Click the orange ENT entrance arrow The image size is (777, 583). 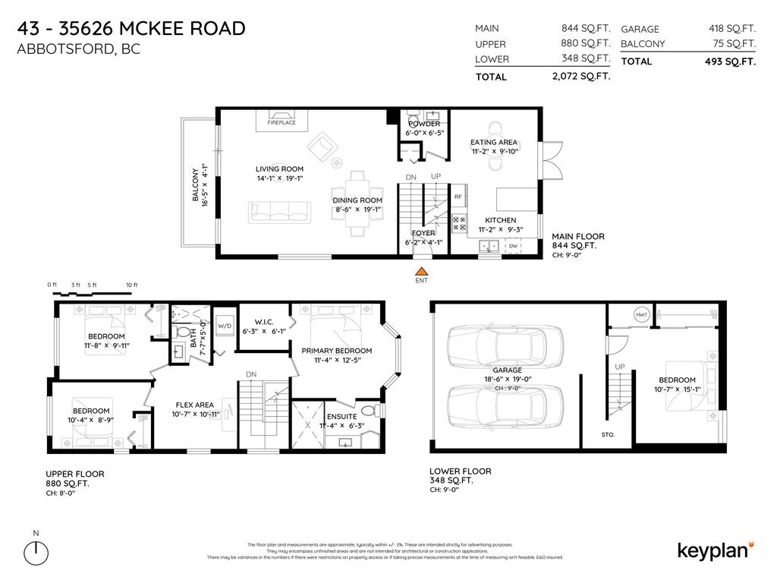click(421, 270)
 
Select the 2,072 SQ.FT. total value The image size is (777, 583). click(581, 77)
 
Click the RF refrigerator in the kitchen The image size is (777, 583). click(458, 197)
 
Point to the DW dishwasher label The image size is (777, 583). click(513, 245)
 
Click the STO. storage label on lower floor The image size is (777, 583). click(608, 435)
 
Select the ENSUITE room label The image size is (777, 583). click(341, 417)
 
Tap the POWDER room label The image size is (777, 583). click(423, 124)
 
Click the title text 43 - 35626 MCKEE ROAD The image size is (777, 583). click(131, 29)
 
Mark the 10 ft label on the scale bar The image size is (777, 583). click(131, 285)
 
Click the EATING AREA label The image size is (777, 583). click(494, 142)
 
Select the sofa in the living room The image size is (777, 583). click(279, 210)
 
